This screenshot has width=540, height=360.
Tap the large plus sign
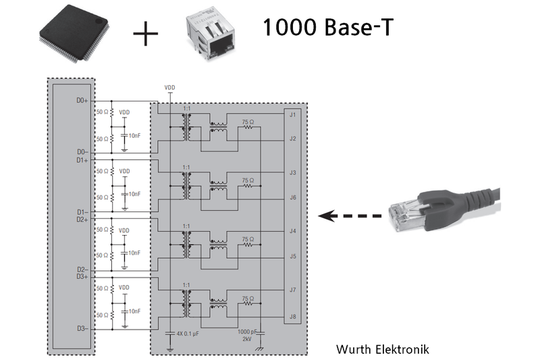pyautogui.click(x=146, y=34)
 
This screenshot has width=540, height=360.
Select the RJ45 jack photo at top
pyautogui.click(x=211, y=34)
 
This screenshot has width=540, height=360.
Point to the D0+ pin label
pyautogui.click(x=82, y=100)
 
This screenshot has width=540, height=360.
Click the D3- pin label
pyautogui.click(x=82, y=328)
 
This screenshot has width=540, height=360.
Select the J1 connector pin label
pyautogui.click(x=292, y=114)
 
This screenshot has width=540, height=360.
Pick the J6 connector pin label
pyautogui.click(x=292, y=198)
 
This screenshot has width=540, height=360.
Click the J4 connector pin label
pyautogui.click(x=292, y=232)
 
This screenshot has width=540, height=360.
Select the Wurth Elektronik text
pyautogui.click(x=382, y=349)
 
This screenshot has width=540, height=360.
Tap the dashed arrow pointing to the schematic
pyautogui.click(x=350, y=216)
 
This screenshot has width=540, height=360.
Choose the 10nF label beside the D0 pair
pyautogui.click(x=134, y=135)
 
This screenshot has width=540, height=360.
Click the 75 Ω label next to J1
pyautogui.click(x=248, y=122)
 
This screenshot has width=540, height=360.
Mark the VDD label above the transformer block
pyautogui.click(x=170, y=88)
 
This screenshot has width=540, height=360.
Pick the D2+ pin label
pyautogui.click(x=82, y=220)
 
